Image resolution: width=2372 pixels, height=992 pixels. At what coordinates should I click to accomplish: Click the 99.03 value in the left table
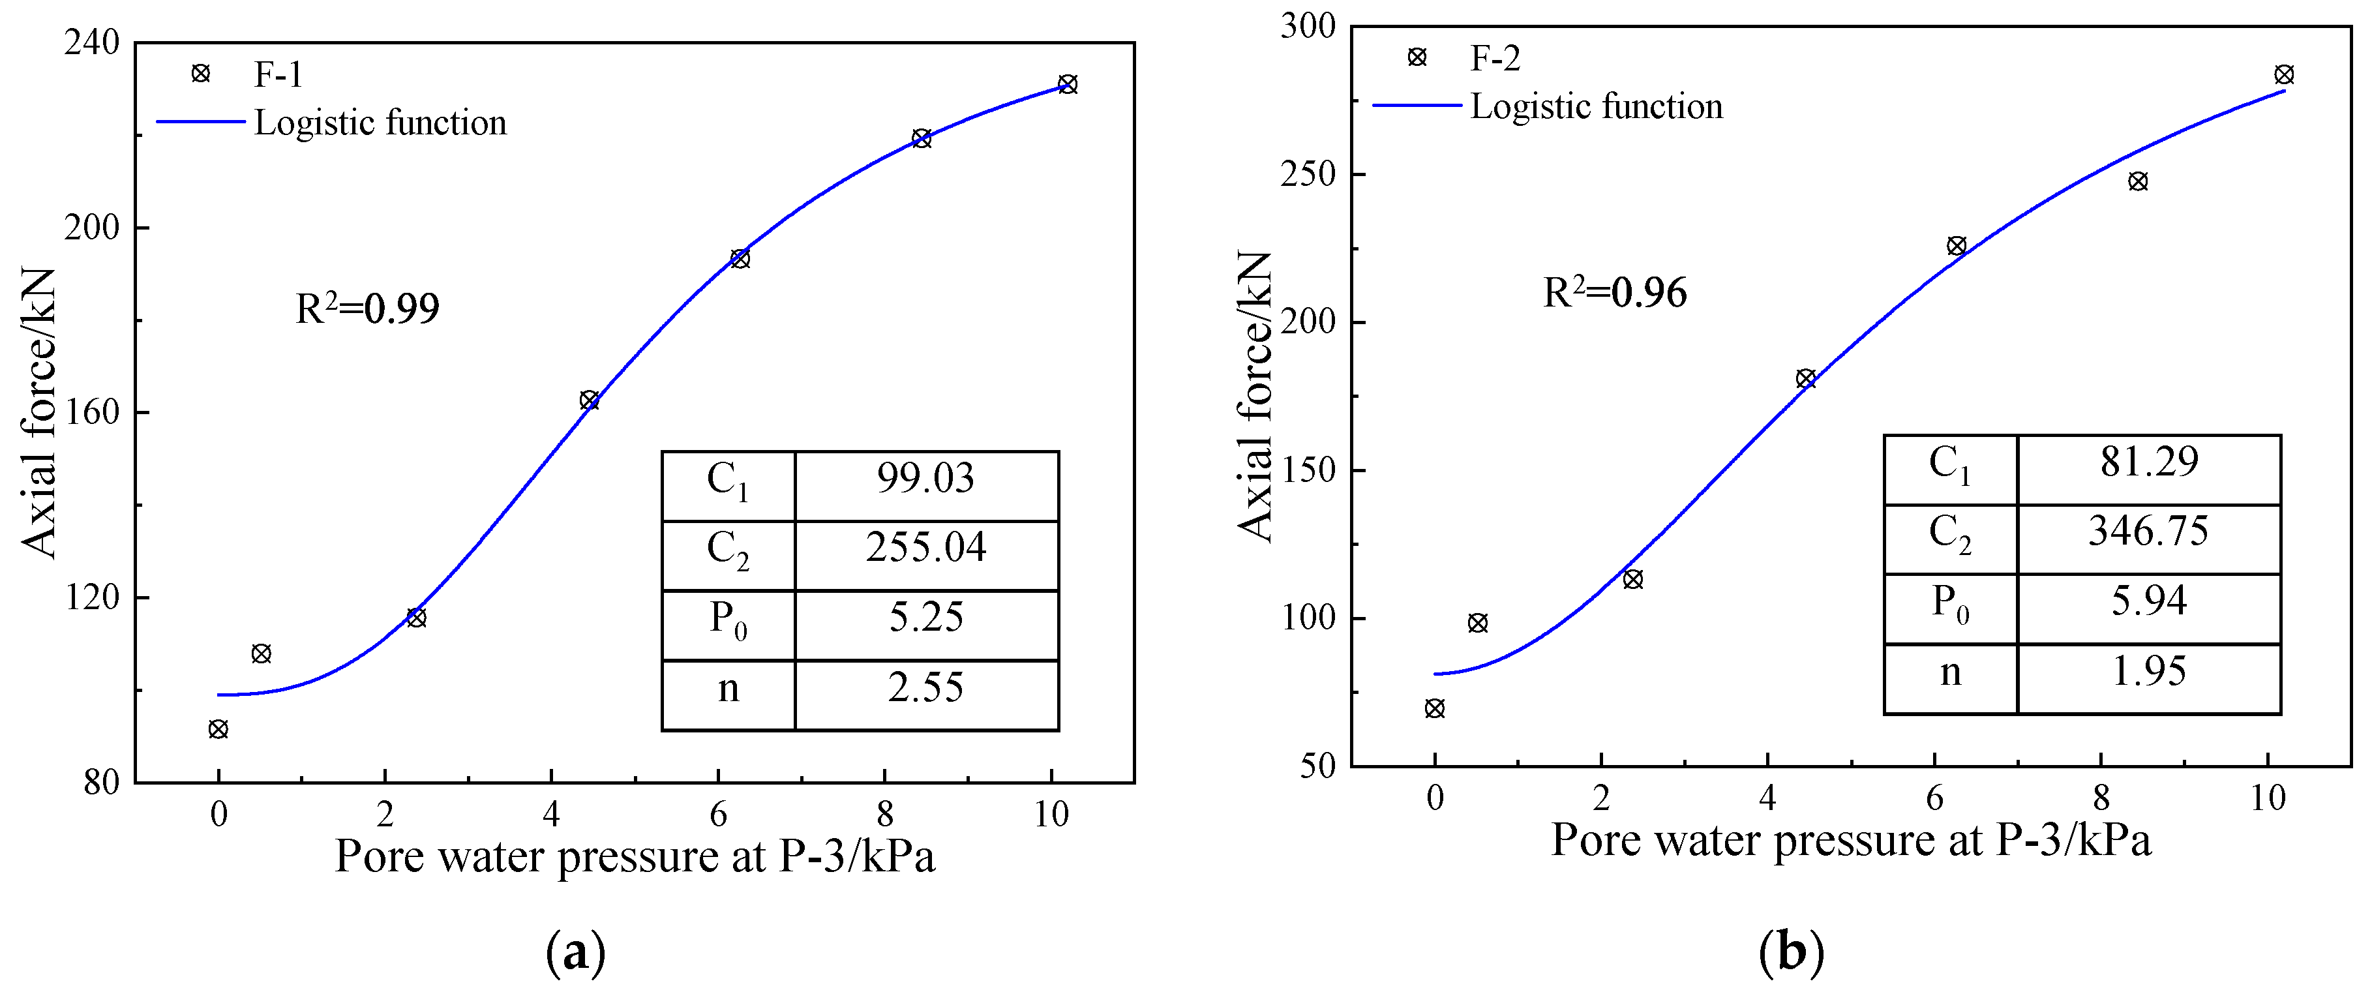(x=925, y=479)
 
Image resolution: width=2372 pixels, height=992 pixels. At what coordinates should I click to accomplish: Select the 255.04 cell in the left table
(x=925, y=548)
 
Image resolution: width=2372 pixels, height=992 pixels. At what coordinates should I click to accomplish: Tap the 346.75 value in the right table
(x=2148, y=532)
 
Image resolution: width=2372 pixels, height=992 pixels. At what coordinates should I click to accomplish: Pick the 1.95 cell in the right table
(x=2148, y=672)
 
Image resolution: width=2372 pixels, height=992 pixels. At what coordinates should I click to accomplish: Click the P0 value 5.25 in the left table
(x=925, y=617)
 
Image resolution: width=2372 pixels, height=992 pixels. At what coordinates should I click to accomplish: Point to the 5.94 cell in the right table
(x=2148, y=601)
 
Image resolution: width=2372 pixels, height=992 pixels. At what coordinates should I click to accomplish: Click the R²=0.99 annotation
(x=367, y=308)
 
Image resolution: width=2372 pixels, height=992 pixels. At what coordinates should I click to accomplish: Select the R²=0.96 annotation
(x=1615, y=292)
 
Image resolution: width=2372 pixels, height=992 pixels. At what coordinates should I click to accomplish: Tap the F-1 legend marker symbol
(x=200, y=74)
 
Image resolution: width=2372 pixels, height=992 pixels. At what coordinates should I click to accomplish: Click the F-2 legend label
(x=1494, y=58)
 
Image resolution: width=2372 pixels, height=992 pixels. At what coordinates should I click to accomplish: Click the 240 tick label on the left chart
(x=91, y=43)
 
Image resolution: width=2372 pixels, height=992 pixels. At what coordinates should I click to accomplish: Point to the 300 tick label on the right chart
(x=1308, y=27)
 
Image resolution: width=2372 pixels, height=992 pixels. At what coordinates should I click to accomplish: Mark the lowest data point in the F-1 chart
(x=218, y=730)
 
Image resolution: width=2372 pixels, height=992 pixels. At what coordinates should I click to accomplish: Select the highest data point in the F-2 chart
(x=2283, y=74)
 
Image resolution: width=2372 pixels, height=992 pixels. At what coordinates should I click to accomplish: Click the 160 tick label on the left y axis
(x=91, y=413)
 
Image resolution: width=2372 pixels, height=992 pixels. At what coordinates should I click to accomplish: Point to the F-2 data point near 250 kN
(x=2138, y=181)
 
